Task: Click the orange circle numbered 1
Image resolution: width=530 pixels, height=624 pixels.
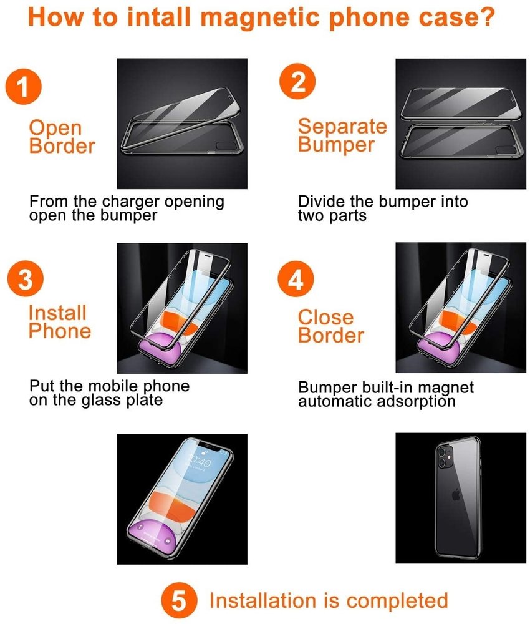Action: click(x=23, y=86)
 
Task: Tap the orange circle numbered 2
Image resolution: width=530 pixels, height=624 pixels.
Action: click(x=298, y=81)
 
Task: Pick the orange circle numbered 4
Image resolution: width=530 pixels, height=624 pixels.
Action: click(x=296, y=278)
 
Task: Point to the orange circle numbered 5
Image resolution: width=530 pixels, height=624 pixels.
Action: click(x=179, y=600)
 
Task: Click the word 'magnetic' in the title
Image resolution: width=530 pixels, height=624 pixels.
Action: click(x=260, y=18)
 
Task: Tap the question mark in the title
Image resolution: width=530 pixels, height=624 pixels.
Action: click(x=484, y=16)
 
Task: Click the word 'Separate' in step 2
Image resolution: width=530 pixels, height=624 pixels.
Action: click(x=342, y=126)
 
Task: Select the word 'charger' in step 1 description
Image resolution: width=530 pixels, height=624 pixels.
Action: click(x=132, y=202)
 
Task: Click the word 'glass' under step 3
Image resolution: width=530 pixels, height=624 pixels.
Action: click(x=102, y=401)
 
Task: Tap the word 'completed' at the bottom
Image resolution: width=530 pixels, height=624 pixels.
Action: click(x=397, y=601)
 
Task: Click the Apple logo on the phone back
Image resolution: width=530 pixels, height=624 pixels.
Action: click(x=456, y=495)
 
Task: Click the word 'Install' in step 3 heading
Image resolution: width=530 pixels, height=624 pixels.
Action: click(x=57, y=313)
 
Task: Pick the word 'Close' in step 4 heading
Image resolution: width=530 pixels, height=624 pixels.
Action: click(x=325, y=317)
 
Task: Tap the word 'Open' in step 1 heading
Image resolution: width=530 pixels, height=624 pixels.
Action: click(x=55, y=129)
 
